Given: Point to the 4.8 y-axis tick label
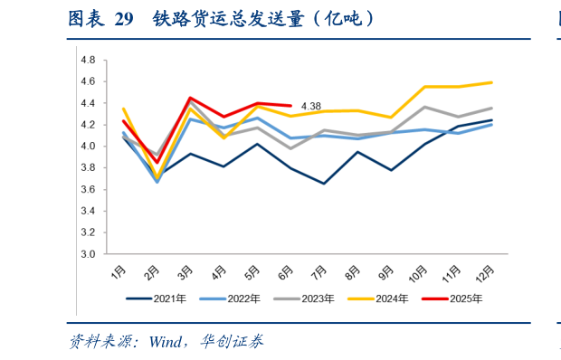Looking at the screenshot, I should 88,60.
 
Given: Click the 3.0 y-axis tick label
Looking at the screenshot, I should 88,254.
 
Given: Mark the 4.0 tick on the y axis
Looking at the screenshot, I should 88,147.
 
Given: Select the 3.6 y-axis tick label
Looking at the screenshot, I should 88,190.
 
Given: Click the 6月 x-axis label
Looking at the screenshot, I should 285,271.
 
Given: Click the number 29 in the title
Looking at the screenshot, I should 125,18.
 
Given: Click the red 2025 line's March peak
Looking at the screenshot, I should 190,98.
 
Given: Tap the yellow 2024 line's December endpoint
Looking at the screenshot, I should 491,82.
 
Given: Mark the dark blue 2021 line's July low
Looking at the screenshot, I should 324,184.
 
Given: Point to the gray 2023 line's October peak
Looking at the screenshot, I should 424,107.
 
